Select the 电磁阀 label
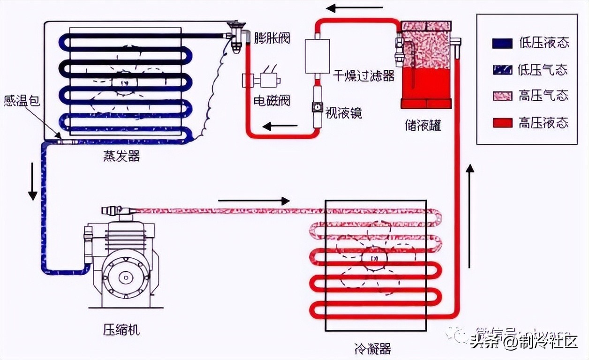pyautogui.click(x=272, y=100)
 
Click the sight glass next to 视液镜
pyautogui.click(x=317, y=108)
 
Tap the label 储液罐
pyautogui.click(x=423, y=126)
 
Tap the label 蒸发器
pyautogui.click(x=121, y=156)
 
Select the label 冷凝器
pyautogui.click(x=373, y=349)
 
